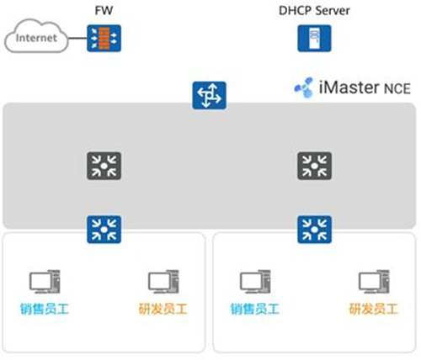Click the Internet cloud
click(x=36, y=36)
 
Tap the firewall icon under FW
click(x=104, y=38)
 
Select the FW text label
click(x=104, y=11)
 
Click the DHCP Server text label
click(x=314, y=11)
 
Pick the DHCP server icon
click(x=314, y=38)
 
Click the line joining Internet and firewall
click(x=77, y=38)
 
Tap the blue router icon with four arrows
click(x=209, y=95)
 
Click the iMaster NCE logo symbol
click(x=304, y=87)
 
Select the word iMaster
click(x=349, y=87)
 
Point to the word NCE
click(x=397, y=88)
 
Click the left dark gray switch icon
click(x=104, y=166)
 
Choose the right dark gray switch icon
click(x=314, y=166)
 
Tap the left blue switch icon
click(x=104, y=230)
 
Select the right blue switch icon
click(x=314, y=230)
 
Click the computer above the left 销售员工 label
click(x=45, y=282)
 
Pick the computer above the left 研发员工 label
click(x=163, y=282)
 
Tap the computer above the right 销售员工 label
click(x=255, y=282)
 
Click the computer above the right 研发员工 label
click(x=374, y=282)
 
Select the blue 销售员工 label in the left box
click(x=45, y=309)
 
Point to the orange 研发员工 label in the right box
click(x=374, y=309)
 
